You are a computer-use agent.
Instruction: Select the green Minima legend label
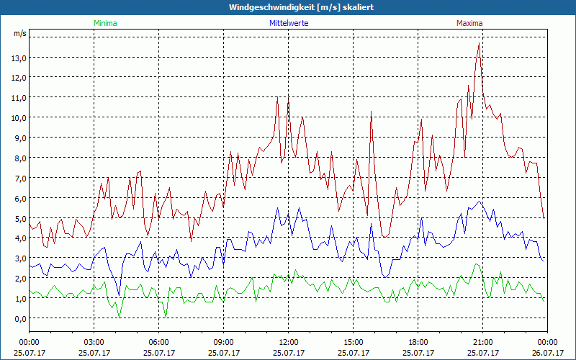105,23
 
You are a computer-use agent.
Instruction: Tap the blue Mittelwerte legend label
289,23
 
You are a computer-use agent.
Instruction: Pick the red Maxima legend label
469,23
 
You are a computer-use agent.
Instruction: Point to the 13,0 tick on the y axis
18,58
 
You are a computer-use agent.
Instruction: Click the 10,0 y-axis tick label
18,117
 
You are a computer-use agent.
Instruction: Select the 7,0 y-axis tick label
18,178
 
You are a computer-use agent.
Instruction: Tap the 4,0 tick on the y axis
18,238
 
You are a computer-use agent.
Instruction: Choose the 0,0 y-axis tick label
18,318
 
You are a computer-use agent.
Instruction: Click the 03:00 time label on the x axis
94,342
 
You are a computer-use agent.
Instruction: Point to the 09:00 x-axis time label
223,342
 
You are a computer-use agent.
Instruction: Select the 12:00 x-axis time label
288,342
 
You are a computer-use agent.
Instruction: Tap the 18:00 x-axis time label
418,342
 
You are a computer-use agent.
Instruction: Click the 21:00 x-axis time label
482,342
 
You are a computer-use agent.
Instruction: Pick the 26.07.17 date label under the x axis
547,353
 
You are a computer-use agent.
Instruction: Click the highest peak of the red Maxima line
480,43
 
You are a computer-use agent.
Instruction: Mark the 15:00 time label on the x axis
353,342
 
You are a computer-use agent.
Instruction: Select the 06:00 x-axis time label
158,342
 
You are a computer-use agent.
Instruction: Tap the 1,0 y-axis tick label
18,298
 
